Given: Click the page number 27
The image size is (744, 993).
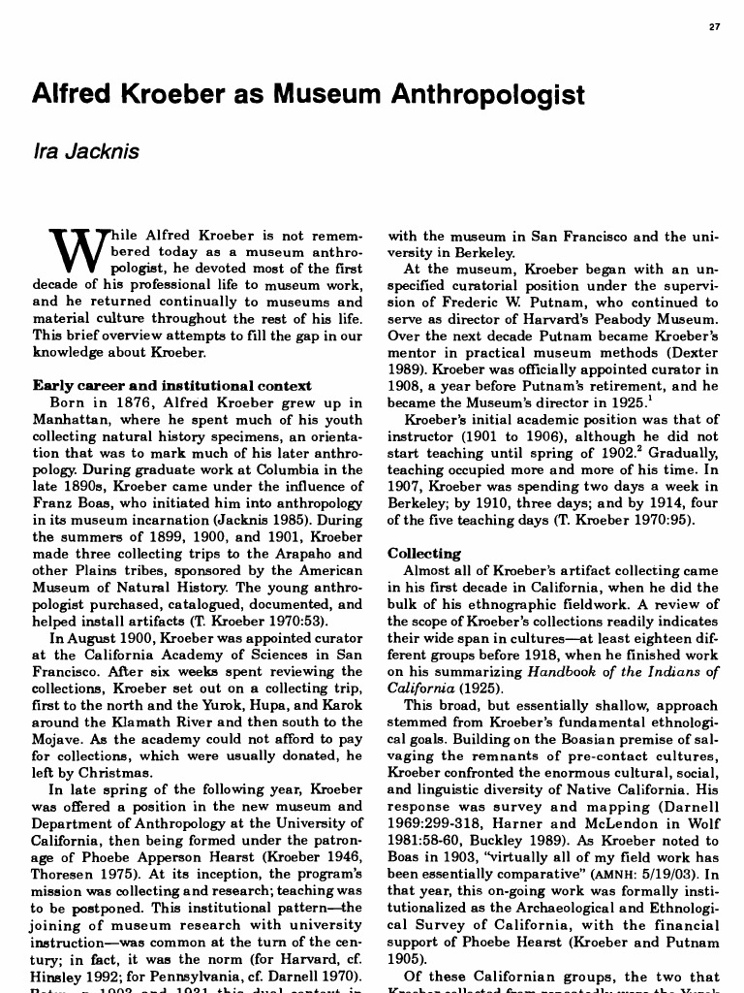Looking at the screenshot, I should (715, 26).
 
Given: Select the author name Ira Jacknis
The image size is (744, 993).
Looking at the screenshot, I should (86, 151).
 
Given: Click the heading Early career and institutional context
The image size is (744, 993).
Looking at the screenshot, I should (171, 385).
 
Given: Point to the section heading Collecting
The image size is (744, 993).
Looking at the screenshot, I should (424, 554).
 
